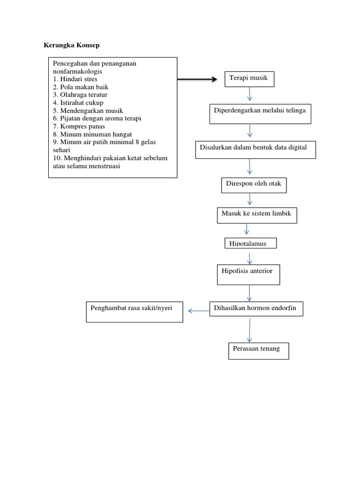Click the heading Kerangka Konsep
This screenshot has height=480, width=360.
coord(71,45)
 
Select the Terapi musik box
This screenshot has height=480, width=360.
coord(249,79)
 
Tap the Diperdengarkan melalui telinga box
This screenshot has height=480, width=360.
coord(260,114)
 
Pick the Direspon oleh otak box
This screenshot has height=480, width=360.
coord(254,185)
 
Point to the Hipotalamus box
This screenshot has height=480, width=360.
coord(250,243)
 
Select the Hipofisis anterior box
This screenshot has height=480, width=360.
coord(248,274)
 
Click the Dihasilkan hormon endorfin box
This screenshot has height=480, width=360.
coord(256,309)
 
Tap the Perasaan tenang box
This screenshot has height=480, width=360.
coord(258,350)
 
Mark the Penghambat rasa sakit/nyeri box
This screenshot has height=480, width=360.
coord(135,312)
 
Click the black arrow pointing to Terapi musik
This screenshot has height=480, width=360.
coord(197,80)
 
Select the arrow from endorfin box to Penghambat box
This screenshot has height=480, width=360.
coord(198,310)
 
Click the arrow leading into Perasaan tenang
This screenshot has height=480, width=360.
coord(249,331)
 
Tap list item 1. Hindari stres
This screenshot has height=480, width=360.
coord(75,79)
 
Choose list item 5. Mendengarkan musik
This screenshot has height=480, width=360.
coord(88,111)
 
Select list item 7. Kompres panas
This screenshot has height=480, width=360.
coord(79,126)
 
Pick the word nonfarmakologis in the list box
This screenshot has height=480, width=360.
coord(77,71)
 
